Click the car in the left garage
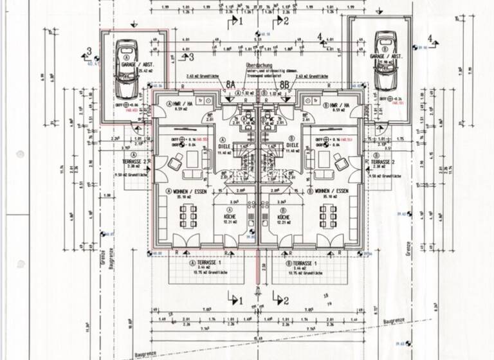tap(125, 68)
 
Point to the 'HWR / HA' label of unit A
tap(181, 103)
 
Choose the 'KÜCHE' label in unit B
tap(285, 218)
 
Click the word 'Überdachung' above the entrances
tap(259, 66)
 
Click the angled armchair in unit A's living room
tap(175, 163)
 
